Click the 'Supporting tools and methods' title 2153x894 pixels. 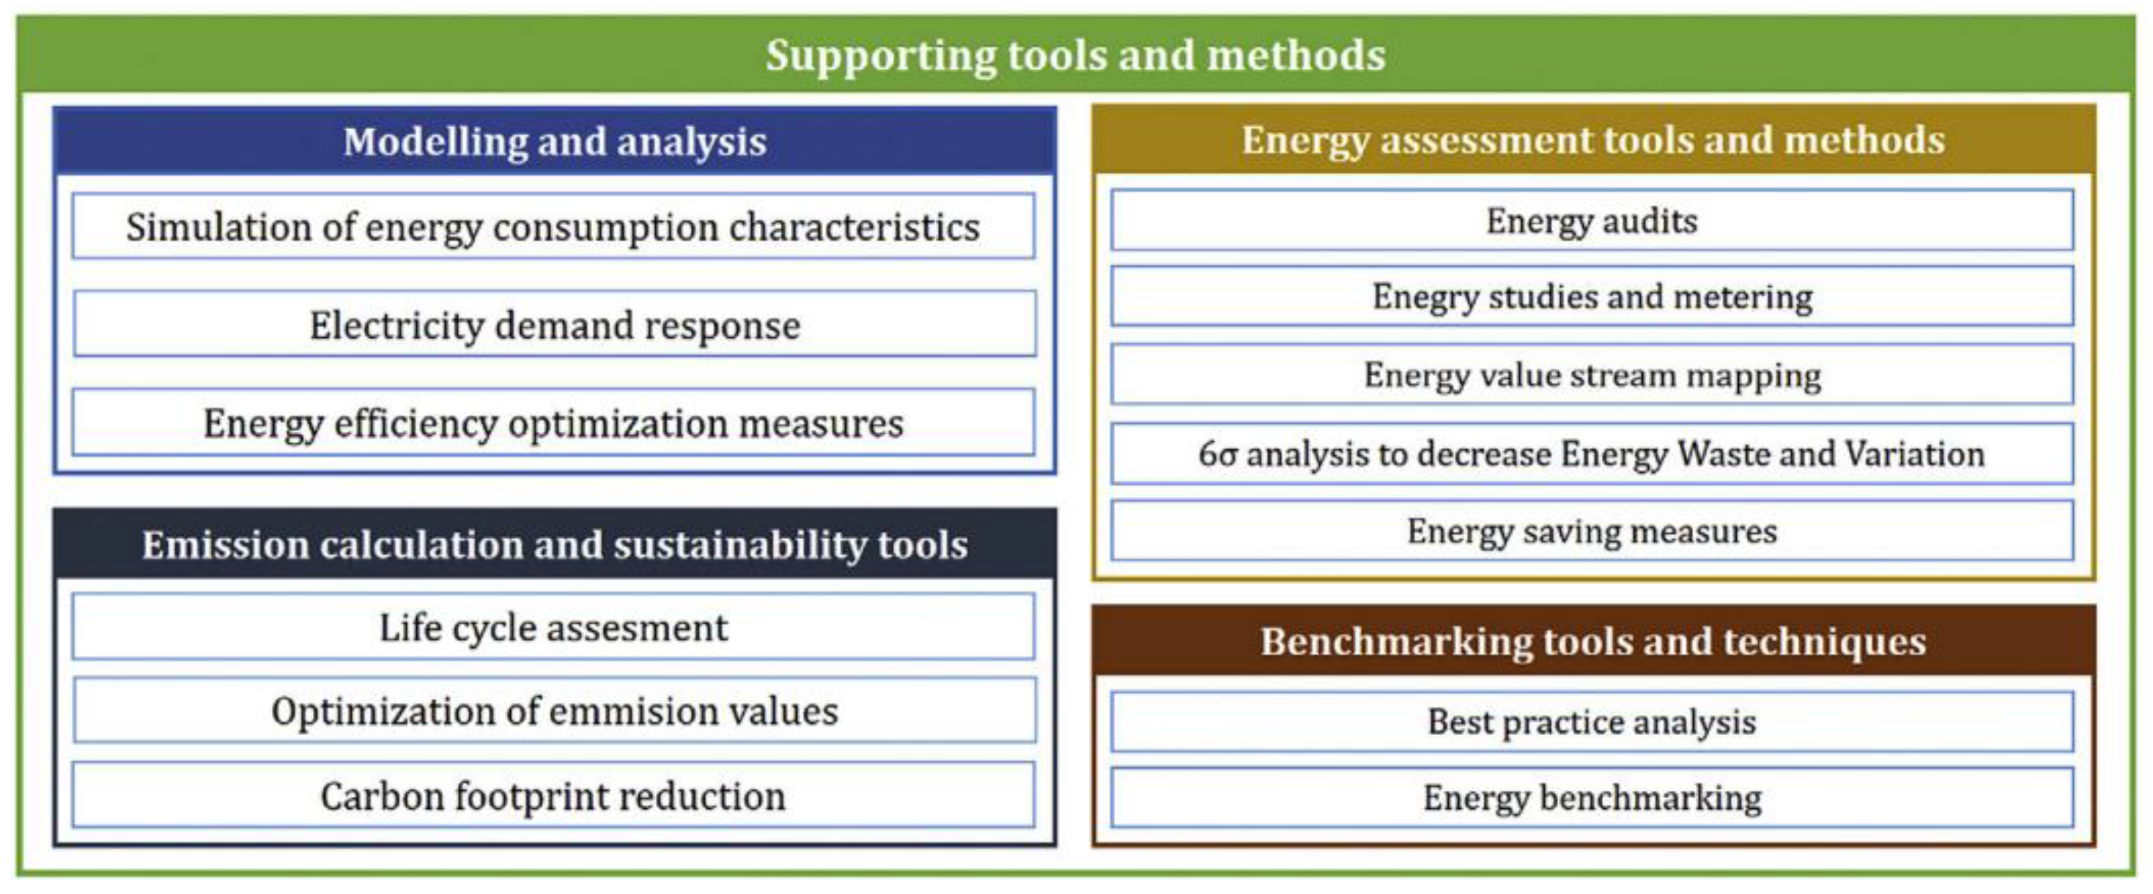1076,55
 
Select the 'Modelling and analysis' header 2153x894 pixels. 554,141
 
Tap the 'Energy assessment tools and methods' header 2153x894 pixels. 1593,139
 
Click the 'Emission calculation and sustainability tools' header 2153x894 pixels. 554,545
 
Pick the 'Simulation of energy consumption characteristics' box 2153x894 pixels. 552,226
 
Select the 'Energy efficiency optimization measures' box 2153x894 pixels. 552,423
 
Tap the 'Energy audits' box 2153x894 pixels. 1591,221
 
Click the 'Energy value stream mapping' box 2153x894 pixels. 1591,375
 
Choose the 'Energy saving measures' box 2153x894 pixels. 1591,531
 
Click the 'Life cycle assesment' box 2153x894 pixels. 552,627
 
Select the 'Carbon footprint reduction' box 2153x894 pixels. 552,796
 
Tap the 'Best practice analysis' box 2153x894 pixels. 1591,722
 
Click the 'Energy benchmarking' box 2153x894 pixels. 1591,798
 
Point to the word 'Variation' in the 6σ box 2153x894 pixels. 1914,455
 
